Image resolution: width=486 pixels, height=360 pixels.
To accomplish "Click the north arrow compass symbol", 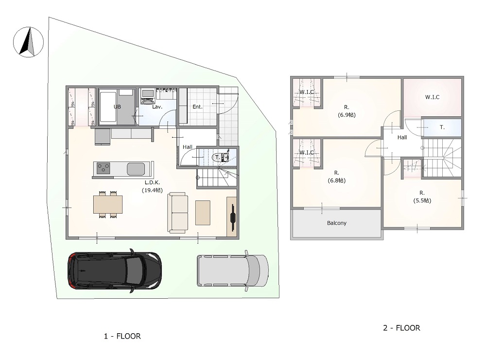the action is (x=28, y=42).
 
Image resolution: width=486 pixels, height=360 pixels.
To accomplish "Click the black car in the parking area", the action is (x=114, y=270).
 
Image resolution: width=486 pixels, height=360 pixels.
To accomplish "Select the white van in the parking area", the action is (x=233, y=270).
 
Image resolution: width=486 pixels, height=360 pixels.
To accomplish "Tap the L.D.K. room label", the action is (x=152, y=183).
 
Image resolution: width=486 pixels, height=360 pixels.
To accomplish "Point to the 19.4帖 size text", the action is (x=152, y=190).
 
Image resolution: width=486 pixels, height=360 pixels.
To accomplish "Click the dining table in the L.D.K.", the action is (x=108, y=204).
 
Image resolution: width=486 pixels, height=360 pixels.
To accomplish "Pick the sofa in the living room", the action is (x=178, y=213).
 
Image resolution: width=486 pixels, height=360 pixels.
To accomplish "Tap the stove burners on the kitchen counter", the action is (x=104, y=169).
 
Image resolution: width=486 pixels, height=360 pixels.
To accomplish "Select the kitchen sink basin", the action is (x=136, y=169).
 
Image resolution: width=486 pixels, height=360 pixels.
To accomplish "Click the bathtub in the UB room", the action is (x=108, y=106).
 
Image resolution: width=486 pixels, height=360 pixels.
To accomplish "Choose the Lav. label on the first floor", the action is (x=157, y=107).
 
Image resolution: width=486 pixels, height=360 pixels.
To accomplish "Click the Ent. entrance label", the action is (x=197, y=107).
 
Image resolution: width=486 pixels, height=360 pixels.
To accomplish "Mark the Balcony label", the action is (x=337, y=223).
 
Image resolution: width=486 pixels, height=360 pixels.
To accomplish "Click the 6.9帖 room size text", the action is (x=347, y=115).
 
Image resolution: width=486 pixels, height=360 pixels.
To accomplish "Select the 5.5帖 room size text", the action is (x=422, y=200).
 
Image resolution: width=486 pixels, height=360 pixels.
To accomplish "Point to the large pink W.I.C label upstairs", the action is (x=432, y=97).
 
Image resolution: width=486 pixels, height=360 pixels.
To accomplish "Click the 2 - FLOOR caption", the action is (x=402, y=328).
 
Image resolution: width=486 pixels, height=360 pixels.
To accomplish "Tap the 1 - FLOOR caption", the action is (x=122, y=336).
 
